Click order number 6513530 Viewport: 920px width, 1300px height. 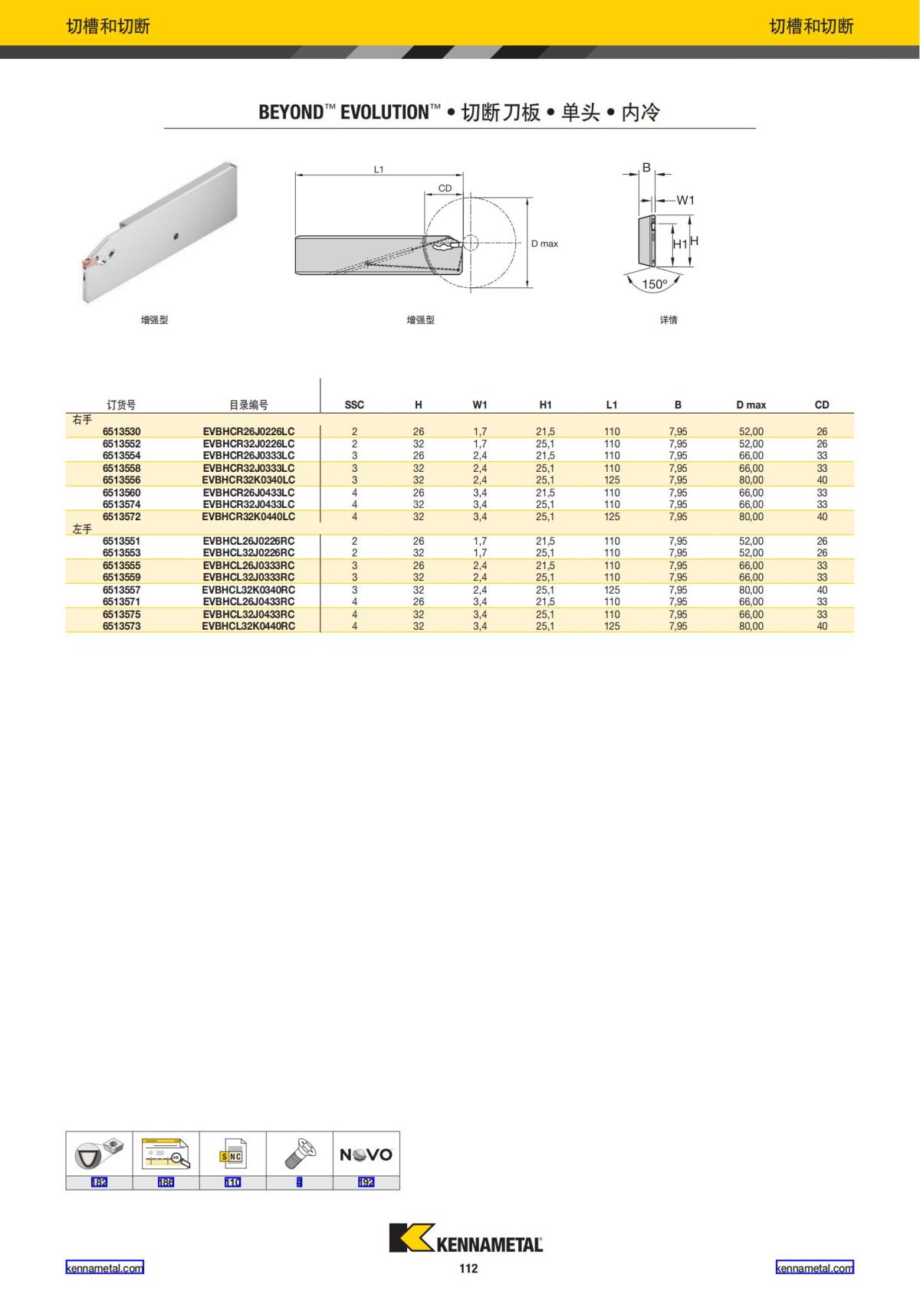pos(121,431)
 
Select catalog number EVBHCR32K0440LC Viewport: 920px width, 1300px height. pos(248,516)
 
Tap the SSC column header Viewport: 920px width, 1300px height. pos(354,404)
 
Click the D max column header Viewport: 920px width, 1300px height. pos(751,404)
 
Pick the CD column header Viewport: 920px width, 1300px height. pos(822,404)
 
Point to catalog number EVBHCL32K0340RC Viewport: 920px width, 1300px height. pos(248,590)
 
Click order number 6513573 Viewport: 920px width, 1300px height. pos(121,626)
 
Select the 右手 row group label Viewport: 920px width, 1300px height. pos(82,420)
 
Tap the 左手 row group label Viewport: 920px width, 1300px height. pos(82,529)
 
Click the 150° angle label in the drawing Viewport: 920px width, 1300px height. pos(654,284)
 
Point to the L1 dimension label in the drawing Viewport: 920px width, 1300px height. pos(379,169)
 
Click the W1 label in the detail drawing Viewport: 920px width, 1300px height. pos(685,200)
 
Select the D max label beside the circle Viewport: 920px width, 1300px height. pos(544,244)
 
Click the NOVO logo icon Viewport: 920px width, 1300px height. pos(366,1154)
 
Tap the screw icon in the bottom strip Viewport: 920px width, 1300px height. pos(299,1154)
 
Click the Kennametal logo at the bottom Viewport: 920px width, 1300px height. pos(466,1239)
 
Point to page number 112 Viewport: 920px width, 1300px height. pos(468,1269)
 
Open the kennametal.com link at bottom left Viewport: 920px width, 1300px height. pos(104,1268)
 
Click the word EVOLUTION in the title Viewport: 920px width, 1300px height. pos(384,113)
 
